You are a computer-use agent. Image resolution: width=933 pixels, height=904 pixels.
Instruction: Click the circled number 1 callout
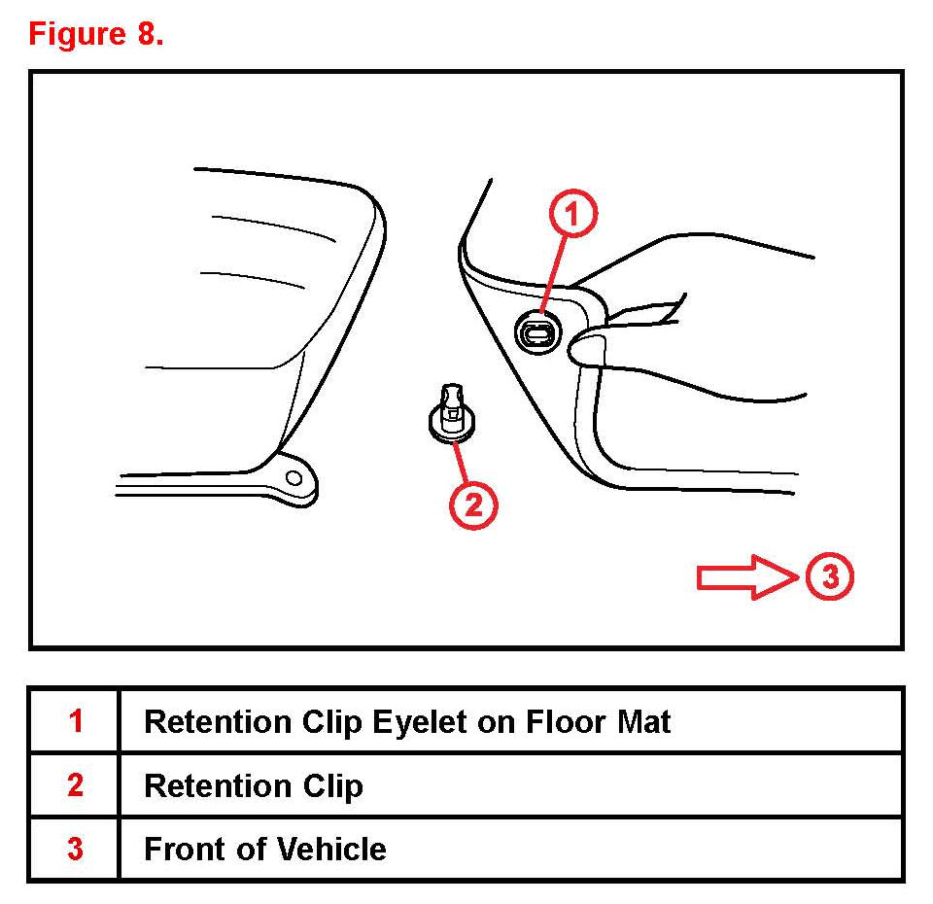pyautogui.click(x=574, y=215)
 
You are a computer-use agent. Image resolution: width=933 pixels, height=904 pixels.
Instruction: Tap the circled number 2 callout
pyautogui.click(x=473, y=504)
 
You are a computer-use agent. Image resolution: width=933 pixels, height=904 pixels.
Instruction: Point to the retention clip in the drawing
pyautogui.click(x=447, y=414)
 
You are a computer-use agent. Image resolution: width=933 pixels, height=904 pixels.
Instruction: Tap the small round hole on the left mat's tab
pyautogui.click(x=294, y=476)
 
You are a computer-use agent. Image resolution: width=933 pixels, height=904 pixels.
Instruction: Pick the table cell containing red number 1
pyautogui.click(x=75, y=722)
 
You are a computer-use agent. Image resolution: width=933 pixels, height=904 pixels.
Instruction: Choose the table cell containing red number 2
pyautogui.click(x=75, y=785)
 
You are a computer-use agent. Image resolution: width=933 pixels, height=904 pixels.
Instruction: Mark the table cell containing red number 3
pyautogui.click(x=75, y=850)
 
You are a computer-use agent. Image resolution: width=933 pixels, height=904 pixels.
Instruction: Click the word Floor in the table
pyautogui.click(x=568, y=722)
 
